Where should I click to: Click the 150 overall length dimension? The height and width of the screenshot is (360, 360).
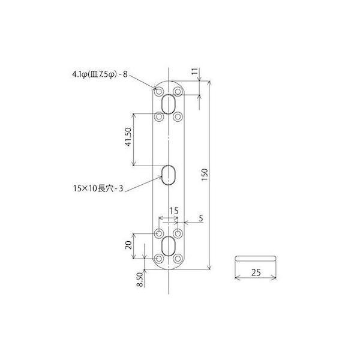(x=205, y=175)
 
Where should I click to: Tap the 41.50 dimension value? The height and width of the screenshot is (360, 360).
(x=128, y=137)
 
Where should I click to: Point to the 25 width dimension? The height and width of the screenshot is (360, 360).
(x=256, y=272)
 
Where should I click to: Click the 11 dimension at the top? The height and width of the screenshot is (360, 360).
(x=195, y=71)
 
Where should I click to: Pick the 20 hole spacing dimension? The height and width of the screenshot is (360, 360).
(x=128, y=245)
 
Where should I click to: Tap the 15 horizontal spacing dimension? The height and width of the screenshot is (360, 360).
(x=174, y=211)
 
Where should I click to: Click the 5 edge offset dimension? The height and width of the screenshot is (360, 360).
(x=201, y=218)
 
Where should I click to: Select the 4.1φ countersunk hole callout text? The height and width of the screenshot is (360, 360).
(x=100, y=74)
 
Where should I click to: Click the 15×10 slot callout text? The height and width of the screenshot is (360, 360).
(x=98, y=188)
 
